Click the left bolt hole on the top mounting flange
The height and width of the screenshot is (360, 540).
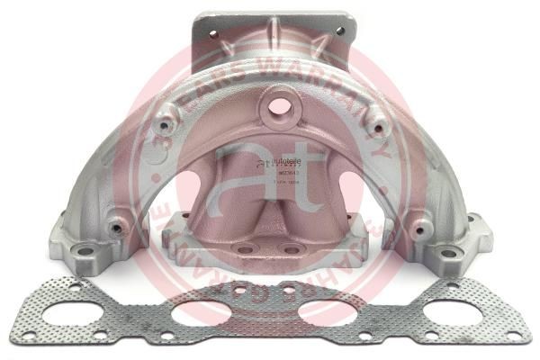pyautogui.click(x=215, y=33)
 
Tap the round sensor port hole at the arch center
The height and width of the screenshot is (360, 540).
pyautogui.click(x=278, y=106)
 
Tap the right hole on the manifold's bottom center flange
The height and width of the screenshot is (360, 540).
pyautogui.click(x=289, y=246)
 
